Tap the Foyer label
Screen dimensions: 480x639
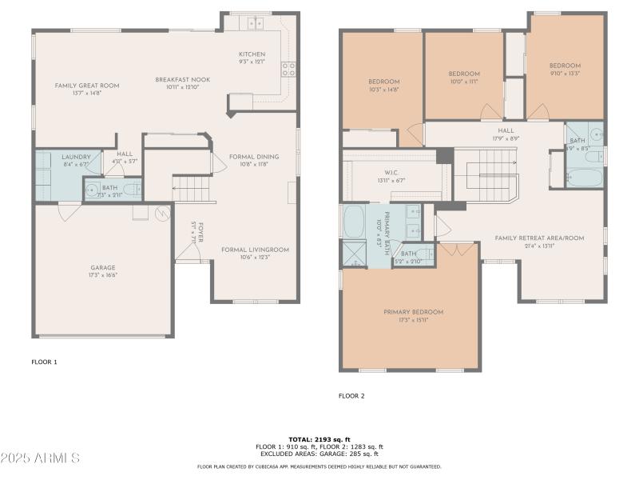click(x=200, y=234)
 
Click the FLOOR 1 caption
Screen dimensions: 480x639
click(x=44, y=362)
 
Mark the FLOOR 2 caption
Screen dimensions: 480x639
click(x=351, y=396)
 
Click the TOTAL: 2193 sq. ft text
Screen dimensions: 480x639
click(x=319, y=439)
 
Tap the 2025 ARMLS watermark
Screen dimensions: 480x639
click(x=40, y=458)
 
